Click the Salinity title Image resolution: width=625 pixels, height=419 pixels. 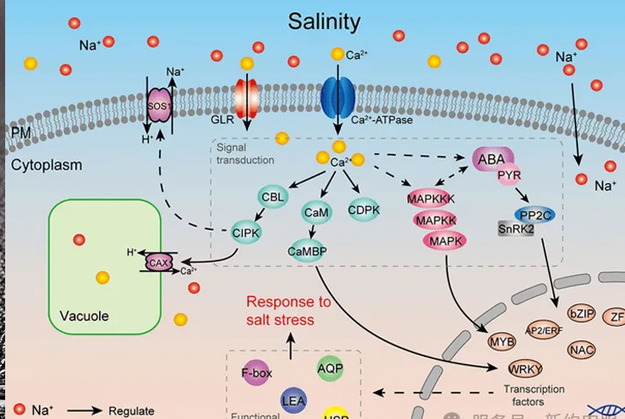(324, 21)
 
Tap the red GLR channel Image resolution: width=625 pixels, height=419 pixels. (246, 100)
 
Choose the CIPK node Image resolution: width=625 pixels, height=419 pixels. (246, 231)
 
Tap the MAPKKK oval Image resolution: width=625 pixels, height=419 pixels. (435, 200)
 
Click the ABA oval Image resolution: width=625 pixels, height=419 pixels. (491, 159)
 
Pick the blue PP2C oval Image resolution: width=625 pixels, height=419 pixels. (532, 215)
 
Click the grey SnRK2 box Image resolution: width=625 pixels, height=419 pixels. (516, 228)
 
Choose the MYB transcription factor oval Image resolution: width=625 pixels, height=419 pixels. (502, 342)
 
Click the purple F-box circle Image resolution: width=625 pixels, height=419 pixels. (256, 373)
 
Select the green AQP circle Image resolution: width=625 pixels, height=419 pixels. (330, 368)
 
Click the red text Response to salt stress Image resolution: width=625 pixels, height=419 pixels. (289, 310)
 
